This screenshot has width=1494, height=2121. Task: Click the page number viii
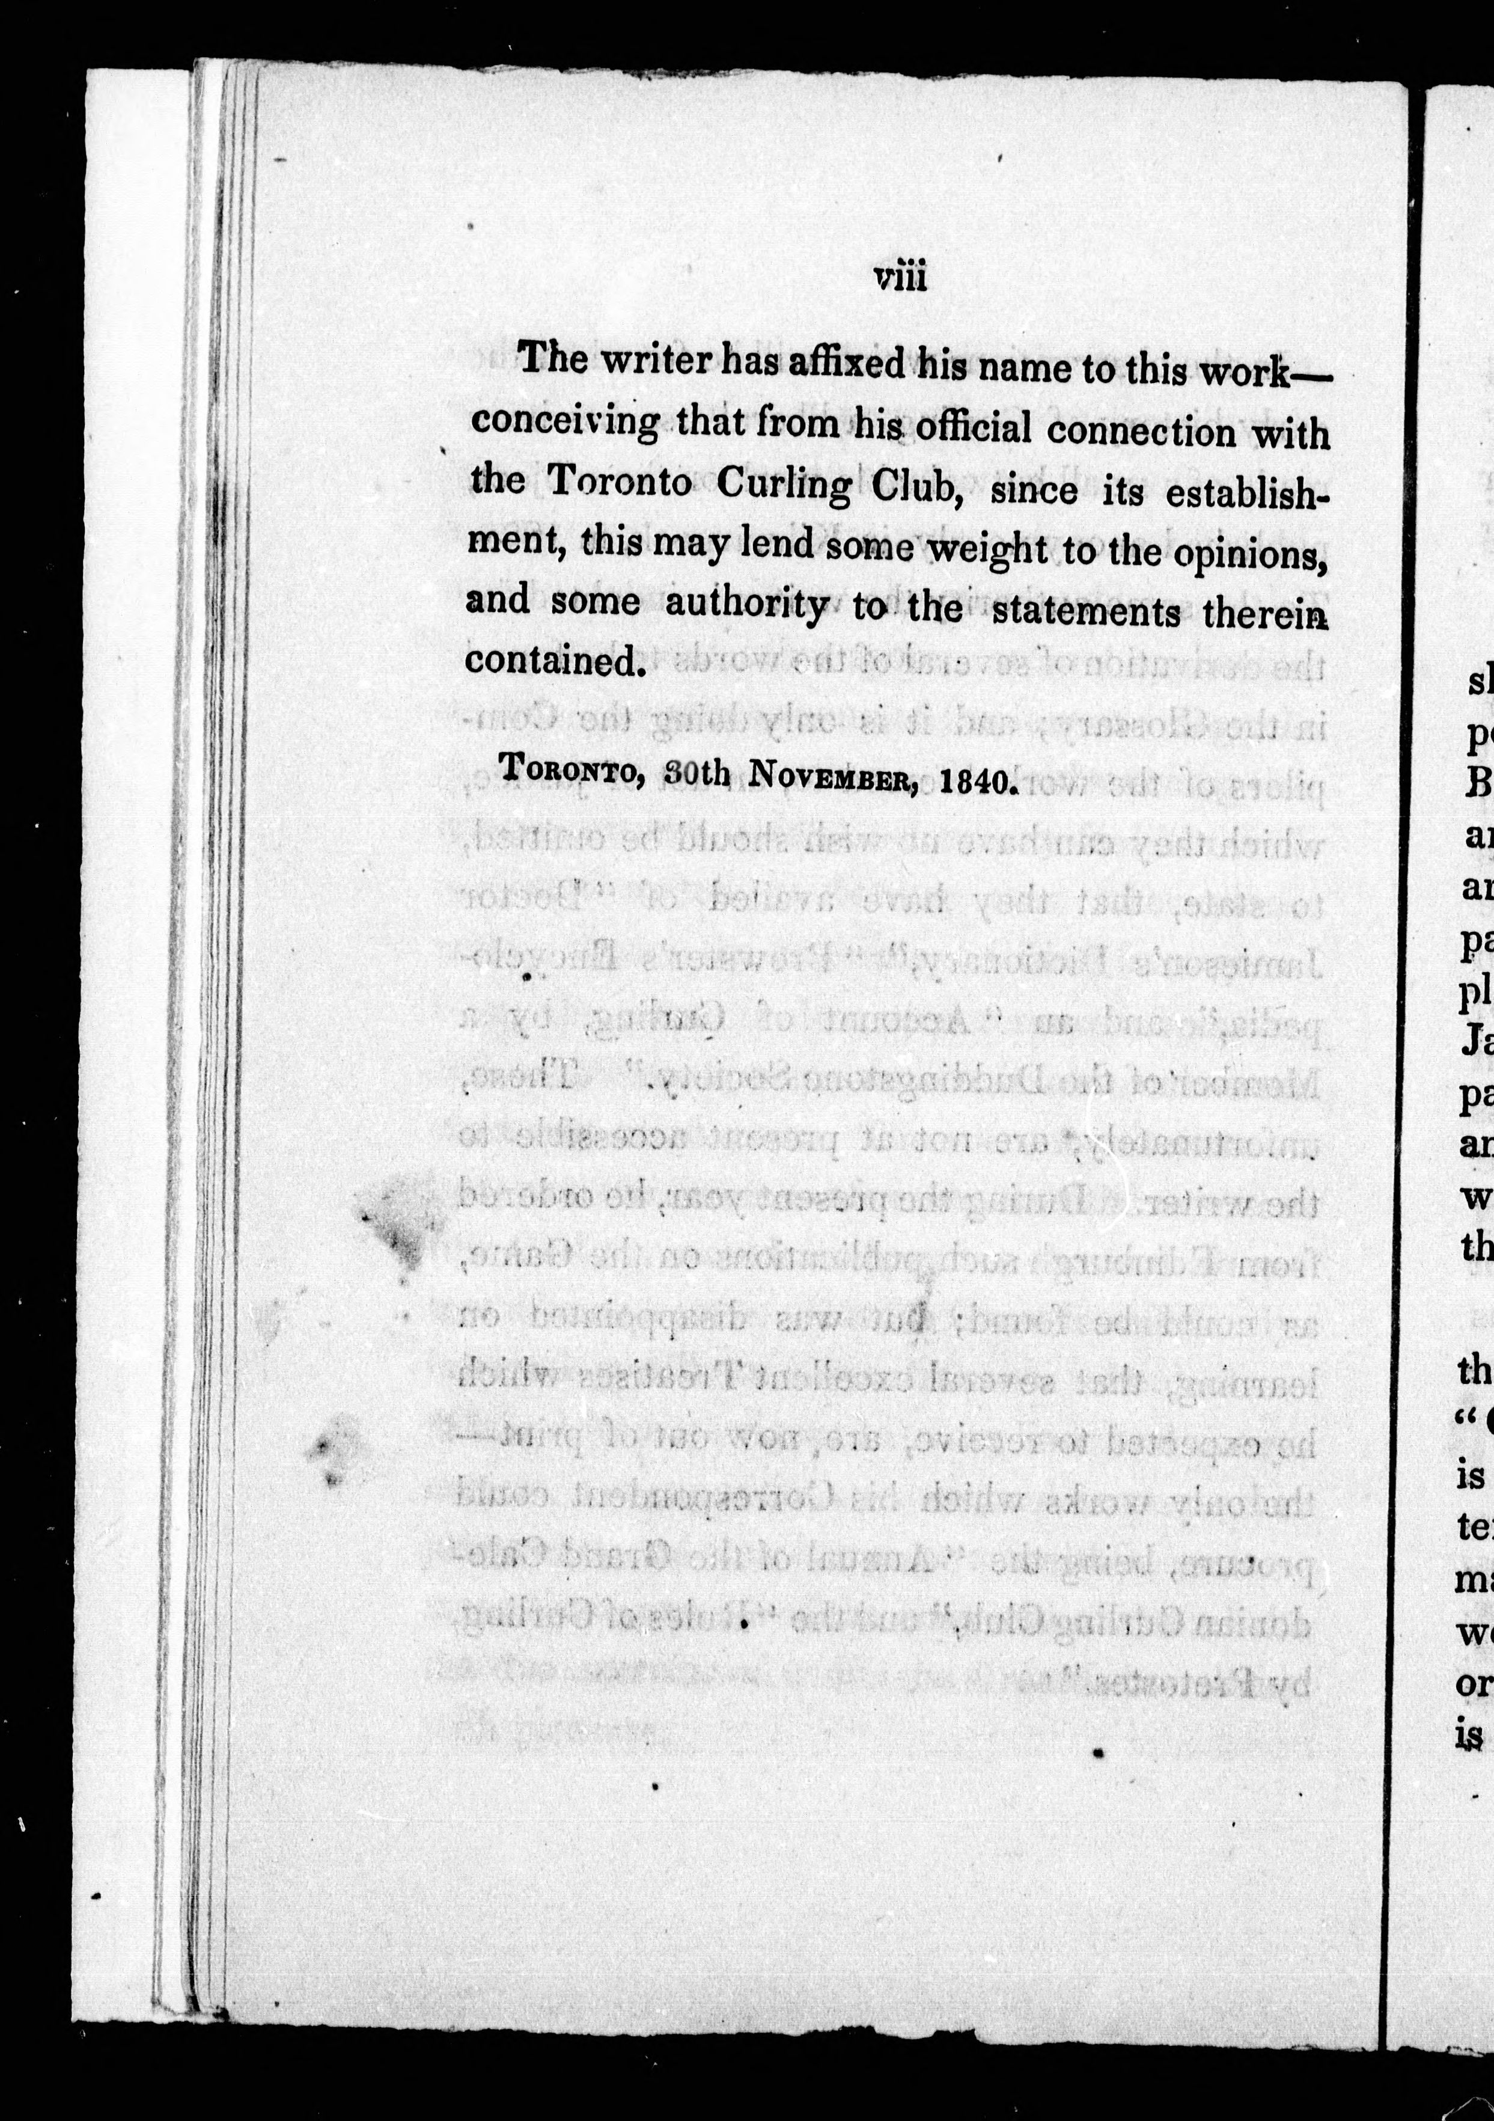900,277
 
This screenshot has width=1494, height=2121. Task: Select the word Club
914,488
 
